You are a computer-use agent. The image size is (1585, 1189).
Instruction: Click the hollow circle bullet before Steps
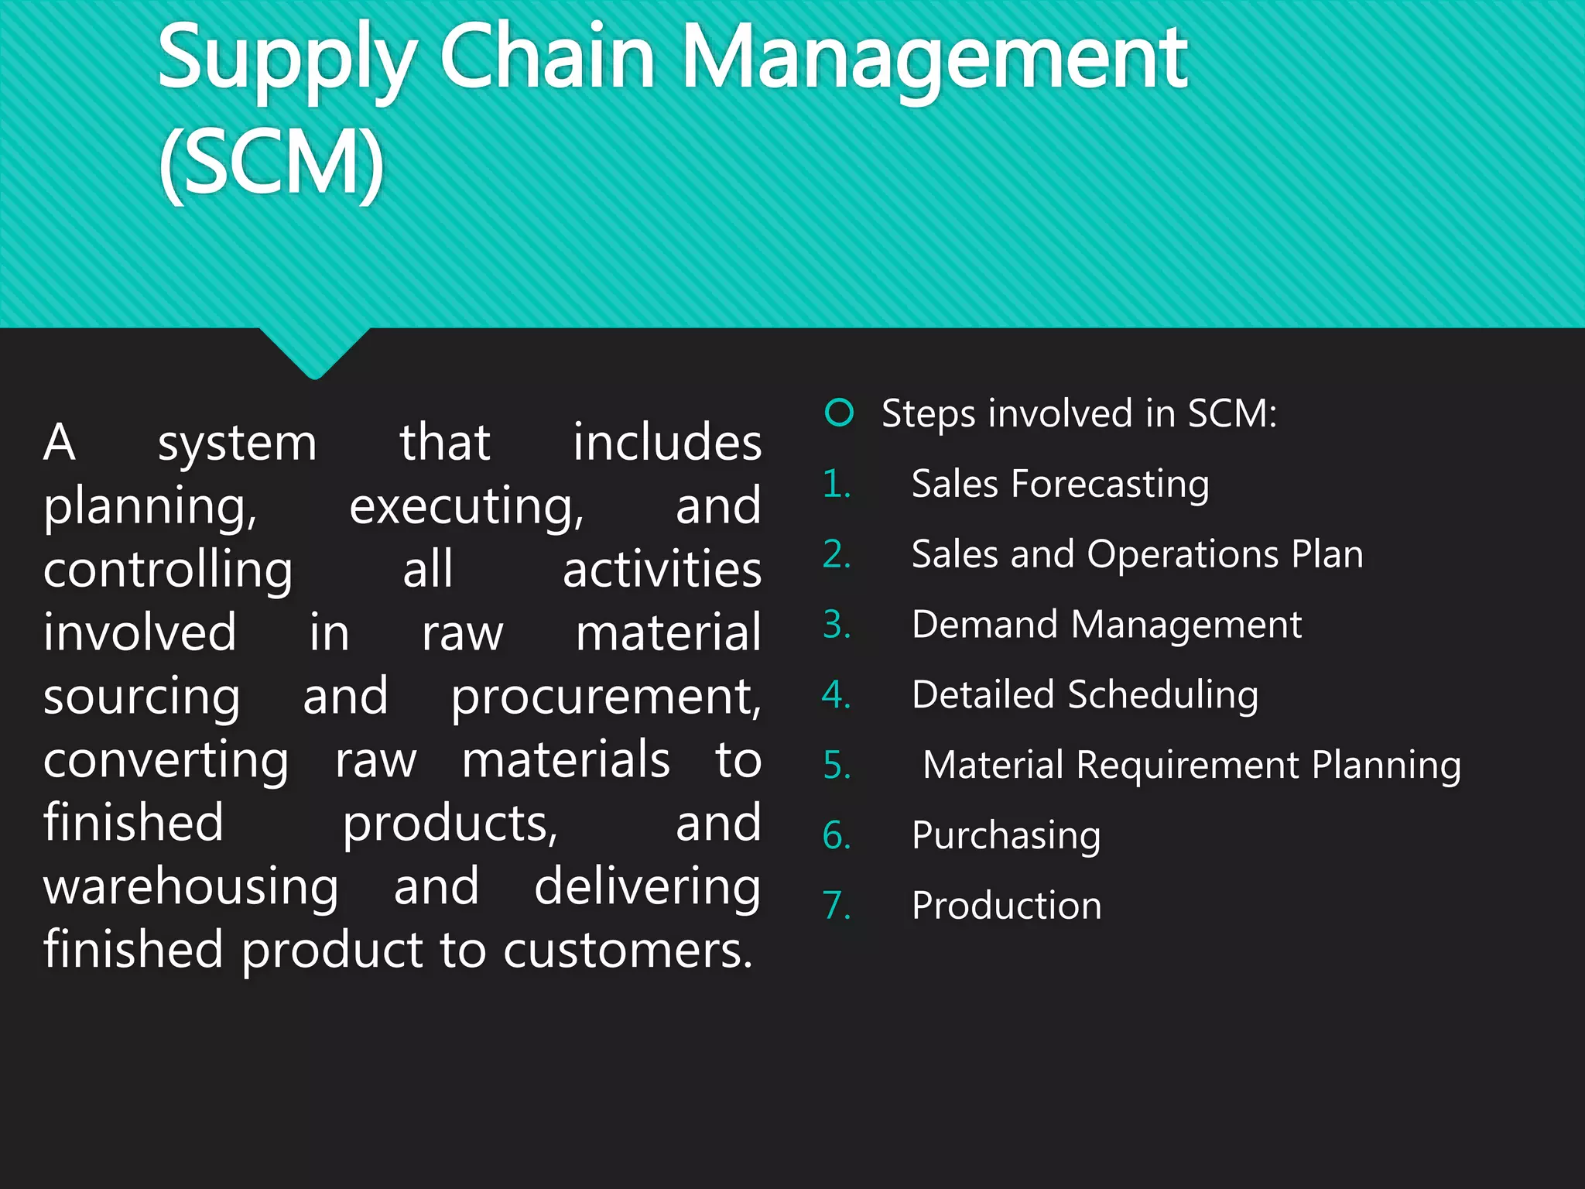point(839,413)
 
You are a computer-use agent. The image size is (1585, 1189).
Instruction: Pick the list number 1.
point(836,485)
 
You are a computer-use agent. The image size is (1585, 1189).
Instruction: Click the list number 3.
point(837,625)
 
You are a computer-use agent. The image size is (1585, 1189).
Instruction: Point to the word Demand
point(984,625)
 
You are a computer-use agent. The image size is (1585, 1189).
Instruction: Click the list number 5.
point(837,766)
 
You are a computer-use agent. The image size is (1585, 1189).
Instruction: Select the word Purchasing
point(1006,836)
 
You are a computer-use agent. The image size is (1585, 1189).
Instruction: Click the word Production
point(1006,906)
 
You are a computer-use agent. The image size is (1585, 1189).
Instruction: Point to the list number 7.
point(837,906)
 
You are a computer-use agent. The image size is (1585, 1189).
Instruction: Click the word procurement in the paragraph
point(606,697)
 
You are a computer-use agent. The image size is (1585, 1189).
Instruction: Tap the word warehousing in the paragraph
point(190,887)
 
